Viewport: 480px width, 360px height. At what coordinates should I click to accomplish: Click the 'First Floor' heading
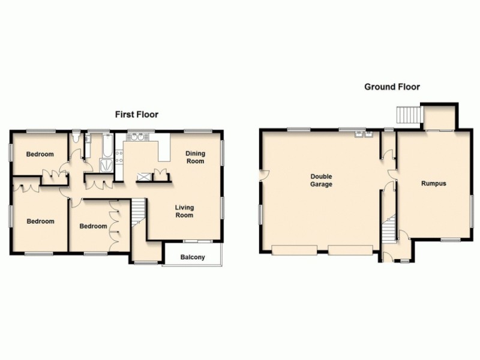[x=137, y=114]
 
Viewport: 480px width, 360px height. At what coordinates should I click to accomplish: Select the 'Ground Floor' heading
[x=392, y=86]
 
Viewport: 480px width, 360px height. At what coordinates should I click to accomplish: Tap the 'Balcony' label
[x=193, y=257]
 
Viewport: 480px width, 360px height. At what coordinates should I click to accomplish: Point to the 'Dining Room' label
[x=195, y=157]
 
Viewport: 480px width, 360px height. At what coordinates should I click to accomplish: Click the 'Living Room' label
[x=184, y=211]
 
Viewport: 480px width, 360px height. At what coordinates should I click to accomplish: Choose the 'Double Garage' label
[x=321, y=181]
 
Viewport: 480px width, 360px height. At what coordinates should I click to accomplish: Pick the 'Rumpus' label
[x=433, y=184]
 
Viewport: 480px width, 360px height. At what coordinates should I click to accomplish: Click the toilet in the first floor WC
[x=75, y=139]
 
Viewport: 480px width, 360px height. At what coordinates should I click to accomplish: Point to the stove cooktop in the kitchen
[x=119, y=157]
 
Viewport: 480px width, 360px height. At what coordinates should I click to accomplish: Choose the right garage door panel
[x=351, y=250]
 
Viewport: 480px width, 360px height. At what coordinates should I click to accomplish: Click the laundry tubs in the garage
[x=362, y=134]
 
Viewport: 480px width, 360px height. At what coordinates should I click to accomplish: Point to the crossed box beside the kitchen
[x=144, y=176]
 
